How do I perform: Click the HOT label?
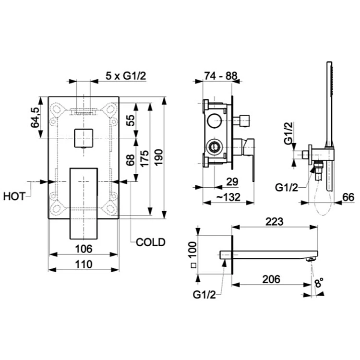coord(14,196)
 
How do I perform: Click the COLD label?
coord(151,242)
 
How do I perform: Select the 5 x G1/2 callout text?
coord(126,76)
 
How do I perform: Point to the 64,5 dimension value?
coord(35,117)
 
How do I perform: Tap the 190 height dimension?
coord(159,157)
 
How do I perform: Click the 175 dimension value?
coord(144,159)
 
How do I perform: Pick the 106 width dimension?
coord(84,249)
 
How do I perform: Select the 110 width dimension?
coord(84,264)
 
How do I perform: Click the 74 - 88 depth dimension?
coord(221,76)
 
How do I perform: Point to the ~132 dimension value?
coord(228,197)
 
